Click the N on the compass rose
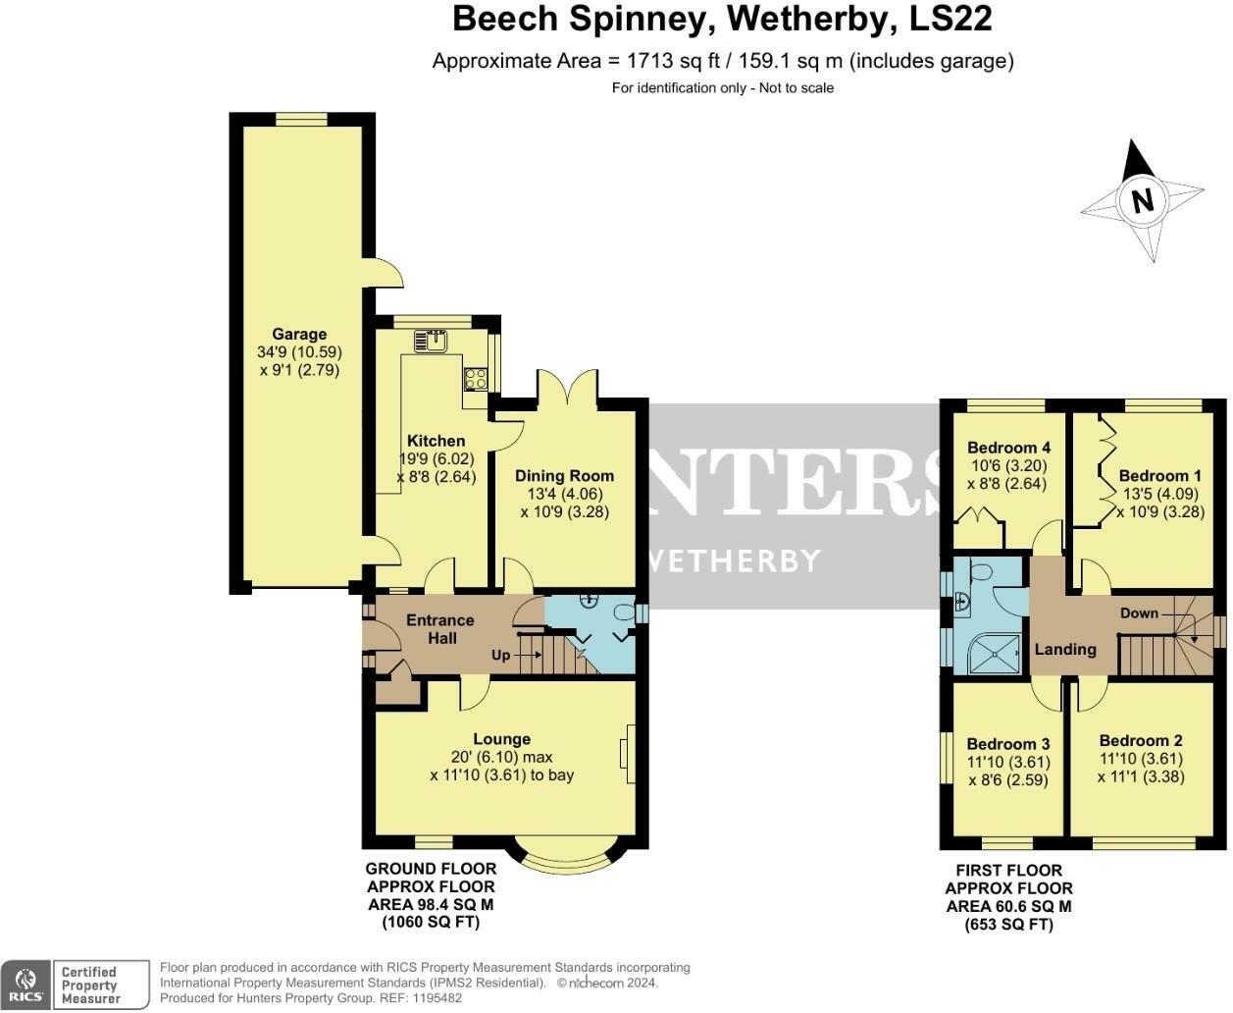1142,201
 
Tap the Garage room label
299,334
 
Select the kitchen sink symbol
431,342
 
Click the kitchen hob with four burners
476,378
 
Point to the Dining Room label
564,476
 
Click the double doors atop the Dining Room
567,386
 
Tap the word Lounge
501,739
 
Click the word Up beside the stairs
500,655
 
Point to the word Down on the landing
1139,613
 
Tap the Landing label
1065,649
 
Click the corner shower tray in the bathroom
995,653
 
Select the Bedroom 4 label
1008,448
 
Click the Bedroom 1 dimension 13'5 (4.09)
1160,494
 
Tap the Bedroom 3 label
1008,744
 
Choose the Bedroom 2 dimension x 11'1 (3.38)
1141,776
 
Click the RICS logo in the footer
26,985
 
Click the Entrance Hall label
440,629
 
